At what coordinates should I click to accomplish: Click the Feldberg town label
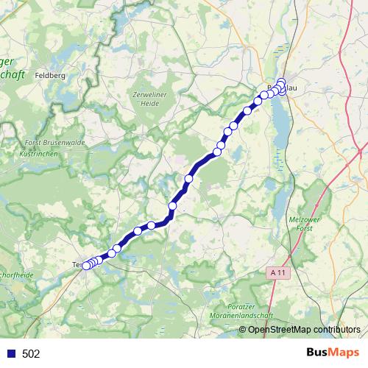click(50, 75)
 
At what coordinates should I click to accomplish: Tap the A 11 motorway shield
click(275, 272)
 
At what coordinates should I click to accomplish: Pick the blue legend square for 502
click(11, 354)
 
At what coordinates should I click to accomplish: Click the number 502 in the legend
click(32, 354)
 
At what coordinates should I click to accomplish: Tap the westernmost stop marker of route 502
click(85, 266)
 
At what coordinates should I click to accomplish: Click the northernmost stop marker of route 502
click(281, 82)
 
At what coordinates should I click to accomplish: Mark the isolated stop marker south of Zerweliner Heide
click(188, 179)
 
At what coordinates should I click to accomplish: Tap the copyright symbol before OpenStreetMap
click(243, 329)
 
